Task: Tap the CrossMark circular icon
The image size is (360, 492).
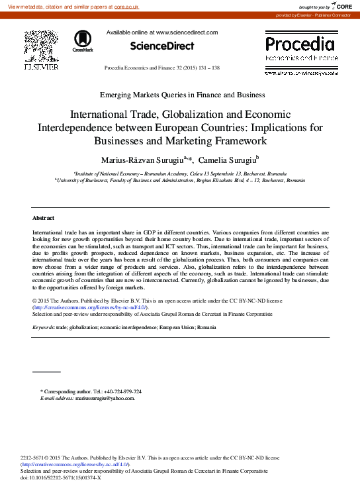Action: [83, 40]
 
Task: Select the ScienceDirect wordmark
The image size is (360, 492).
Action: [162, 46]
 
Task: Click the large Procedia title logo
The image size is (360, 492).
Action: [300, 45]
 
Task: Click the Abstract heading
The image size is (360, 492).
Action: [43, 218]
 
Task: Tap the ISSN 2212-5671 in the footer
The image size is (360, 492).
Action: [32, 458]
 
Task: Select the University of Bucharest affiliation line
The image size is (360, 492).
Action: [180, 179]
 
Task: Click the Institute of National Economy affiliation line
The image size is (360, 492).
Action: [180, 172]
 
